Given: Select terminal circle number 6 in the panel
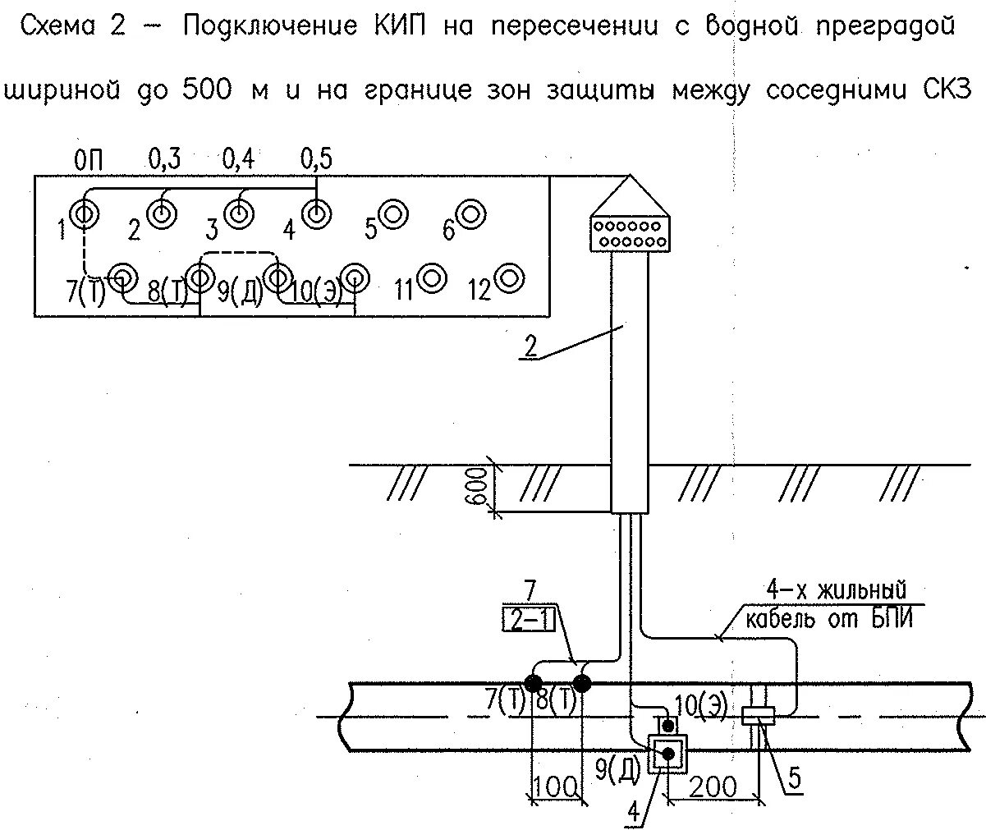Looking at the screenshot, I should (471, 213).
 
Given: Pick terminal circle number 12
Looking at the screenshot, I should (510, 278).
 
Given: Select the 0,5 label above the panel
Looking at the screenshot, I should (316, 159).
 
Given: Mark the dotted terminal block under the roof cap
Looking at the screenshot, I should (631, 233).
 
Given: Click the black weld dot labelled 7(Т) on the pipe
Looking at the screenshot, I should (533, 682).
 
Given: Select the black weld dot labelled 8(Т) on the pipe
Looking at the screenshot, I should (582, 682).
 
